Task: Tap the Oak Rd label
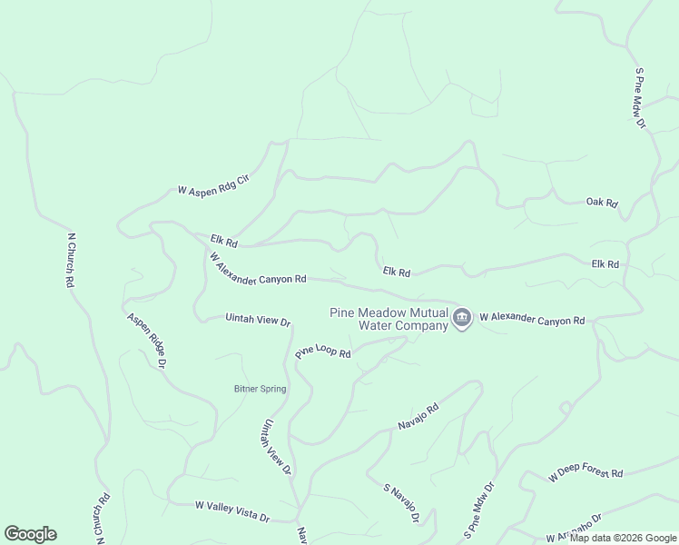click(602, 203)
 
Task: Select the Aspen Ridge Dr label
click(147, 341)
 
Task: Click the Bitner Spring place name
click(260, 389)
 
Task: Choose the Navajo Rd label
click(418, 416)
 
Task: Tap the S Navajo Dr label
click(401, 503)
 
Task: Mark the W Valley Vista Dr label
click(232, 511)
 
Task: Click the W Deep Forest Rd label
click(586, 473)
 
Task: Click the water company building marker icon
click(462, 318)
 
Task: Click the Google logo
click(30, 534)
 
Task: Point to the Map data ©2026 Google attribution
click(624, 538)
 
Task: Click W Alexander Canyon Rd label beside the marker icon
click(532, 319)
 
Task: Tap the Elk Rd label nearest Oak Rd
click(605, 264)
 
